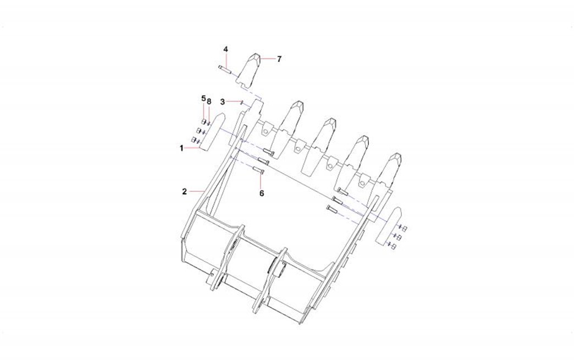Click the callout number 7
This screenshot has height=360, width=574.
tap(279, 59)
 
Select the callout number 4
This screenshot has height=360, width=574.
tap(226, 49)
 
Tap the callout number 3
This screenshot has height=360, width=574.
tap(223, 101)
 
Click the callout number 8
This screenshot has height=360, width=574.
tap(209, 101)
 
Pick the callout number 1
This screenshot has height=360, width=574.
tap(181, 148)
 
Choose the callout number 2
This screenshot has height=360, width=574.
tap(185, 191)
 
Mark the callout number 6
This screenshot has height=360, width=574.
tap(262, 193)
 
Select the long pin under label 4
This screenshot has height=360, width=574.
tap(223, 69)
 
